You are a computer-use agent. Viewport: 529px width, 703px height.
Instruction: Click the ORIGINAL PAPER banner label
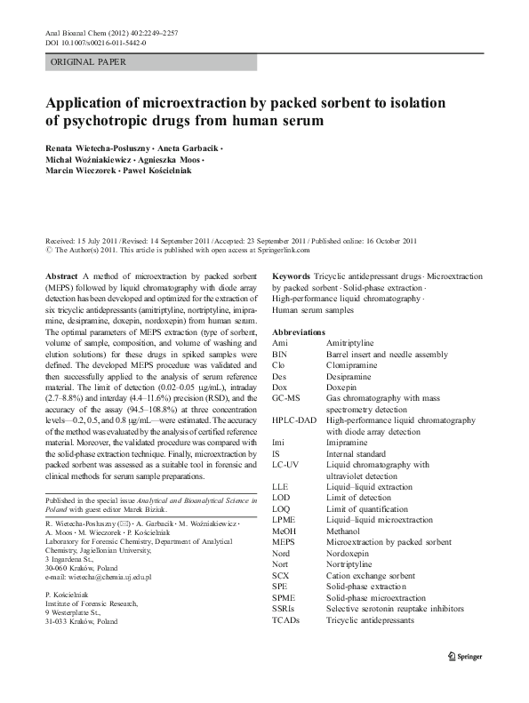[x=88, y=62]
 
